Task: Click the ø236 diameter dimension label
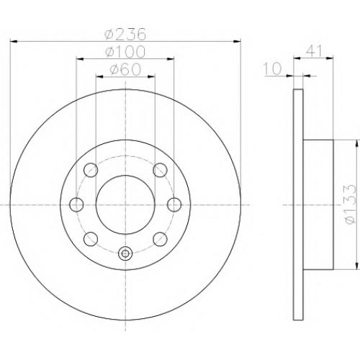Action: point(125,35)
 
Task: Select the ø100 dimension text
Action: point(125,51)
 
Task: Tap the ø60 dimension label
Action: point(125,69)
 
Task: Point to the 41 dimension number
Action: point(314,51)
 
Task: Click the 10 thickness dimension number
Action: point(272,68)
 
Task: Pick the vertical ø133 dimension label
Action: point(349,204)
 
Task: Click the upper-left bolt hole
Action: point(91,170)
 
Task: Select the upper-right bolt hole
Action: point(161,170)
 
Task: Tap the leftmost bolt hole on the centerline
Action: point(76,204)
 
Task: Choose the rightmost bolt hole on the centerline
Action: point(174,204)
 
